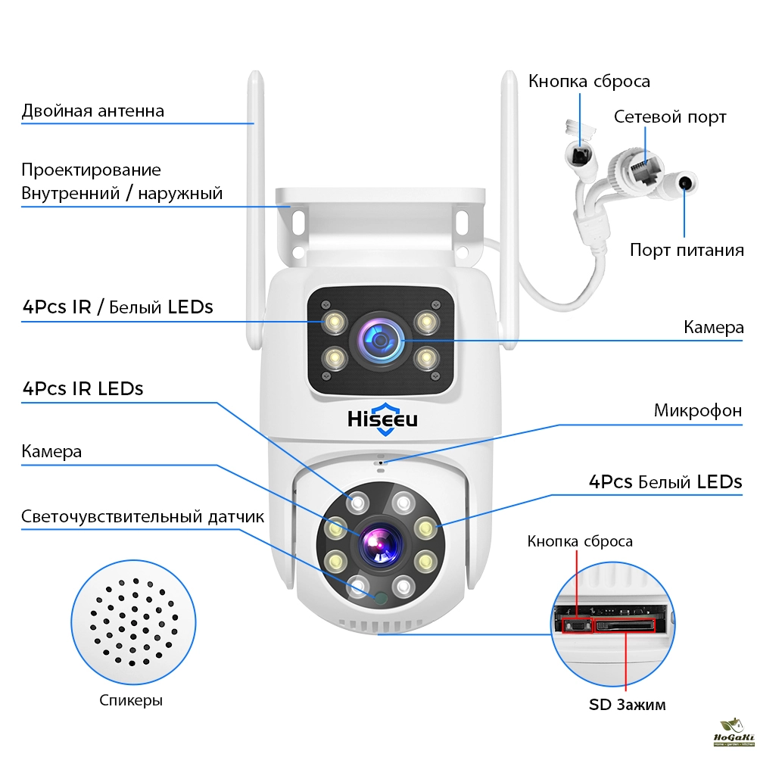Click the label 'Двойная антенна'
click(92, 111)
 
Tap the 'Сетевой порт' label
click(669, 117)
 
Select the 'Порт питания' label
click(686, 250)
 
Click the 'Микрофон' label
click(697, 411)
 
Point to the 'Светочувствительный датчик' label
click(142, 517)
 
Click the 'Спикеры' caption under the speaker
click(131, 700)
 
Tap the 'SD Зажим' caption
click(628, 705)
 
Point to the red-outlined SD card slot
click(625, 625)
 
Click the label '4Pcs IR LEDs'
click(83, 389)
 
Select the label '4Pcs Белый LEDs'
click(665, 482)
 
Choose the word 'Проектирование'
click(91, 170)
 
